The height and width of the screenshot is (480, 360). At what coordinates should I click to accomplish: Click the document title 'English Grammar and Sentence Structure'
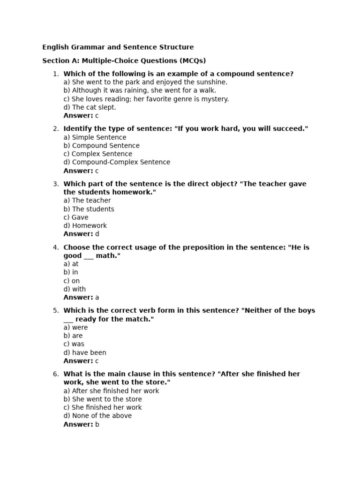(x=118, y=47)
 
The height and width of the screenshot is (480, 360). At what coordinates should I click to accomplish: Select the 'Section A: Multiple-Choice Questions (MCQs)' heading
(x=124, y=60)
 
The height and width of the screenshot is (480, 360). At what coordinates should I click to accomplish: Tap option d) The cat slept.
(x=90, y=107)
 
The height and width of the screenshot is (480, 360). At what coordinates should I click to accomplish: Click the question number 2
(x=56, y=129)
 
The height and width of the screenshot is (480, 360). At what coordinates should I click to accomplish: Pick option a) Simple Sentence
(x=95, y=137)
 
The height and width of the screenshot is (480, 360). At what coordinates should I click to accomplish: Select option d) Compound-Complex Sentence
(x=117, y=162)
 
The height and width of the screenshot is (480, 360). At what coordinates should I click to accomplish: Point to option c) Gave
(x=76, y=217)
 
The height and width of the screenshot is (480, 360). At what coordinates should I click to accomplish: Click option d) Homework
(x=85, y=225)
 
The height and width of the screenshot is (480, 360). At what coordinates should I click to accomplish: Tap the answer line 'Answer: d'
(x=81, y=234)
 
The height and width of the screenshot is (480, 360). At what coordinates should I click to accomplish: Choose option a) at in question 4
(x=71, y=264)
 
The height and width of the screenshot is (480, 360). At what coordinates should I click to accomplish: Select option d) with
(x=75, y=289)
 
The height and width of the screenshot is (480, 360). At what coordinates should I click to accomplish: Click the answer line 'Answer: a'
(x=81, y=297)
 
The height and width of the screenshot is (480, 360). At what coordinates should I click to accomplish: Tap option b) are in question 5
(x=73, y=336)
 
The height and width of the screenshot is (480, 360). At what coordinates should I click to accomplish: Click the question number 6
(x=56, y=374)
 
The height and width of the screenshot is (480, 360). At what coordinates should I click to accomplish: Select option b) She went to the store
(x=103, y=399)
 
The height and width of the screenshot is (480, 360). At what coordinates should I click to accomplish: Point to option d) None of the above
(x=97, y=416)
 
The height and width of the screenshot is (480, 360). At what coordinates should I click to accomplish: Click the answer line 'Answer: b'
(x=81, y=424)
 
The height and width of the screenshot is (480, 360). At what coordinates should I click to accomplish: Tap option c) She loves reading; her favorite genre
(x=146, y=99)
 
